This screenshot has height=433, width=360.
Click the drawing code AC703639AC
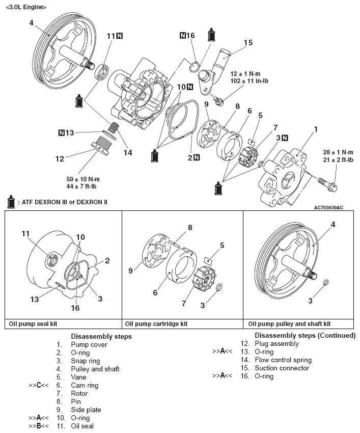[x=328, y=207]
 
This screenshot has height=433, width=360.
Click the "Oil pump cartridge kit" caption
[x=156, y=323]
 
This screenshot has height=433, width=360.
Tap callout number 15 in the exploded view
[x=247, y=43]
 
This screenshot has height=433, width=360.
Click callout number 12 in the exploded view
[x=60, y=158]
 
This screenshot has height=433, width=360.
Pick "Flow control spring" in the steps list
[x=283, y=360]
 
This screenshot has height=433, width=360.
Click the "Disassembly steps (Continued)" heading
[x=305, y=336]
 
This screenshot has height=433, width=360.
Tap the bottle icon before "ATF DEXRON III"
[x=10, y=202]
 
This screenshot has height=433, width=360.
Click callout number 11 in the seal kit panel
[x=26, y=234]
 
